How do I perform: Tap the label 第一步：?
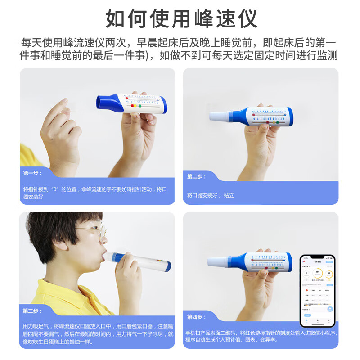click(32, 173)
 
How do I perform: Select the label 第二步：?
click(197, 176)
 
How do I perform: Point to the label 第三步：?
click(32, 310)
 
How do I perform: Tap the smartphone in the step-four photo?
click(317, 290)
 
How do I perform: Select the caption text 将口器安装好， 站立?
click(211, 195)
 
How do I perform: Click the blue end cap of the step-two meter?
click(290, 116)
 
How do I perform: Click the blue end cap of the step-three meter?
click(168, 265)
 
